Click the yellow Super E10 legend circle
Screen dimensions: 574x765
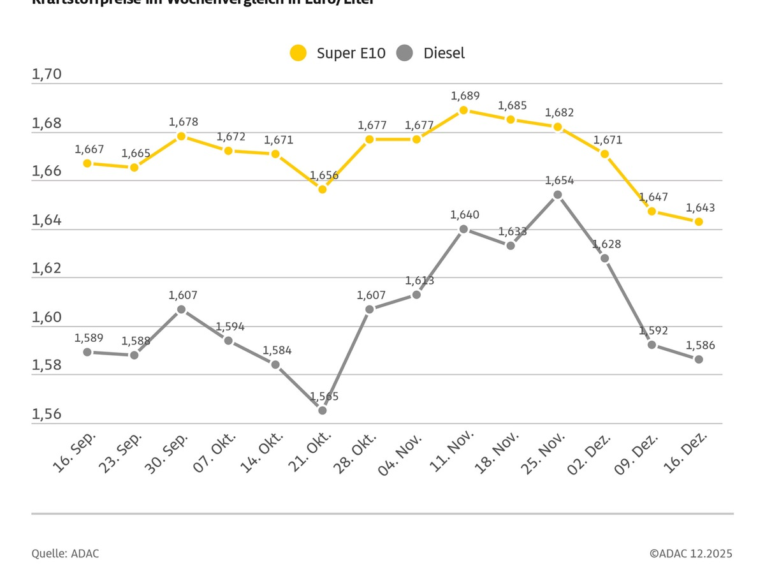298,53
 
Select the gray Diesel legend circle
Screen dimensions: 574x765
404,53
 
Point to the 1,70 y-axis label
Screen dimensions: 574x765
47,74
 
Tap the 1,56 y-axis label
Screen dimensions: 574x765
47,414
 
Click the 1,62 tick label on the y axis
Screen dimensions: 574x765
47,268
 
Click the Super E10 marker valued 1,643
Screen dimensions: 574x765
699,222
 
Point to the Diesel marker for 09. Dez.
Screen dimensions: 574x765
652,344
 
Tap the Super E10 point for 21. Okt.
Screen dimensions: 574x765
323,189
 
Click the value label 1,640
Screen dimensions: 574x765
465,215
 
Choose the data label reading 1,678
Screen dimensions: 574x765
183,121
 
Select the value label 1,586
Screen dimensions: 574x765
700,345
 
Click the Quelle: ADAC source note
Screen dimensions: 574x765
65,554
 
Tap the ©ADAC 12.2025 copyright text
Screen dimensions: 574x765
691,554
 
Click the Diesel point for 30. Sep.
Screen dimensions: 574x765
181,309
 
